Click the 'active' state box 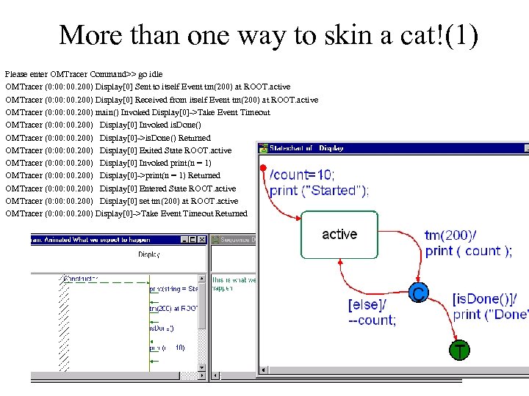(339, 235)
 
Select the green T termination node (459, 351)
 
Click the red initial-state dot (263, 170)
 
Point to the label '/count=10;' (302, 175)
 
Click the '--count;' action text (372, 320)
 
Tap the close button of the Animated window (203, 239)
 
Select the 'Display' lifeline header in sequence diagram (150, 254)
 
